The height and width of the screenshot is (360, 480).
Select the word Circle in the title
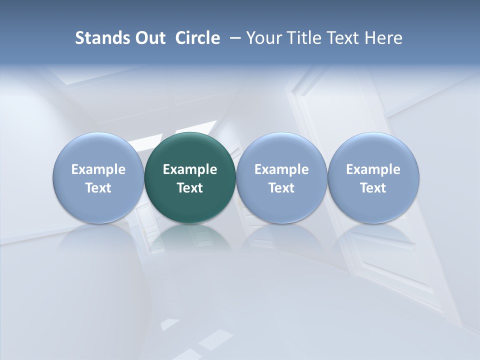197,38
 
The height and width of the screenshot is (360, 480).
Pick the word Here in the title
385,38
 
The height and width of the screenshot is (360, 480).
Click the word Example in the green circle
190,169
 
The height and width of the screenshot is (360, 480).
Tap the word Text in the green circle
190,188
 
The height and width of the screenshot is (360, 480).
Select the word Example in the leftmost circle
98,169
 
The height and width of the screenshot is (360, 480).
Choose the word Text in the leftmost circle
98,188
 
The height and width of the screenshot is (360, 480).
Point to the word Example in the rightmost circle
373,169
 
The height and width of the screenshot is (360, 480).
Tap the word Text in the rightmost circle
373,188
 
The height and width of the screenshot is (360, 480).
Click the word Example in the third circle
281,169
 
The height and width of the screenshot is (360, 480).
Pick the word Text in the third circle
281,188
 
